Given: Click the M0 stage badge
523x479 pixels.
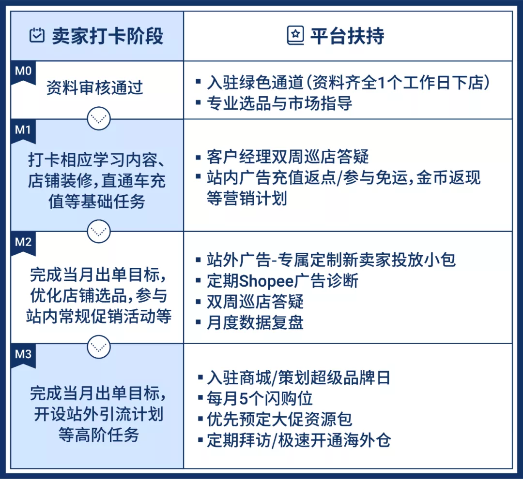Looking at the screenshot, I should [x=23, y=72].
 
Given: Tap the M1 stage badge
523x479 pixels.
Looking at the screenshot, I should [x=23, y=131].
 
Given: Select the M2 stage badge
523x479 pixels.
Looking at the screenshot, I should [x=23, y=242].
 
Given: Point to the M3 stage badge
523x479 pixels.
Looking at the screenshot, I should [x=23, y=355].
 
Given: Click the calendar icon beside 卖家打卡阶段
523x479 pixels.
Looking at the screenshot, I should [x=37, y=36].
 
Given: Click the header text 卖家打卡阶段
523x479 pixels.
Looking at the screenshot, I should [x=108, y=36].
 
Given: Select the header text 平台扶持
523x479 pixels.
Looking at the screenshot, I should [x=347, y=36].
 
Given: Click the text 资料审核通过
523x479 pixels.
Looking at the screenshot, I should [x=95, y=88].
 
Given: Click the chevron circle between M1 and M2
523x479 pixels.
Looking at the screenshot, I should [x=99, y=231].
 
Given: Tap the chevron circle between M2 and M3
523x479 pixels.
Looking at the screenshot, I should [x=99, y=344].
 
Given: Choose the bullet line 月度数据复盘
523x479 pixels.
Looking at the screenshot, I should [x=255, y=322].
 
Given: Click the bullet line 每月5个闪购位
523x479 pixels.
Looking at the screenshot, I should [x=260, y=398].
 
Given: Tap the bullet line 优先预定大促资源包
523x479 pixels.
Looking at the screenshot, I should [x=279, y=419].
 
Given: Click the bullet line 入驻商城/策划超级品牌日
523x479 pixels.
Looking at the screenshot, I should [x=298, y=377].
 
